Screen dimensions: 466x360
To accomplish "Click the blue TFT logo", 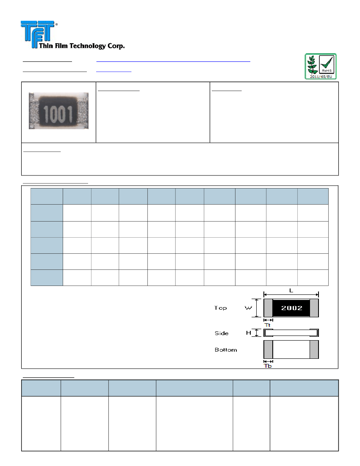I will pyautogui.click(x=38, y=31).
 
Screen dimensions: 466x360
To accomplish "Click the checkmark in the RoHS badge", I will pyautogui.click(x=326, y=63).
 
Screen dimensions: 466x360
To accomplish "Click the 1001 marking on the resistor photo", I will pyautogui.click(x=58, y=113).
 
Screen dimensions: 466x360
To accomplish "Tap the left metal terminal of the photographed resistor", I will pyautogui.click(x=33, y=111).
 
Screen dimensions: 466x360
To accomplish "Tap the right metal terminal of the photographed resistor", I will pyautogui.click(x=83, y=111).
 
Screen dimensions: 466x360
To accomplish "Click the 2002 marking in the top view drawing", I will pyautogui.click(x=291, y=308).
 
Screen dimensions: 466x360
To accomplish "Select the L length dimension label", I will pyautogui.click(x=291, y=290).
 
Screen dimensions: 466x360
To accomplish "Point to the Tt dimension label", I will pyautogui.click(x=267, y=325).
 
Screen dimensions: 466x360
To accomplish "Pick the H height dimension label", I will pyautogui.click(x=249, y=333).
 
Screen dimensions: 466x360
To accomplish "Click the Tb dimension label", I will pyautogui.click(x=268, y=366).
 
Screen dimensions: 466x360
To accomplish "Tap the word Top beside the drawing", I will pyautogui.click(x=220, y=308).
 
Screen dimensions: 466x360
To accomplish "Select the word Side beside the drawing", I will pyautogui.click(x=221, y=333).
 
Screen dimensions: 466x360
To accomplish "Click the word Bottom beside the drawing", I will pyautogui.click(x=226, y=350).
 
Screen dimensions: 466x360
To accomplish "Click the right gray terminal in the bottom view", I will pyautogui.click(x=314, y=349).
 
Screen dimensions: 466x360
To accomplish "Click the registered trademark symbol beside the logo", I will pyautogui.click(x=56, y=25).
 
